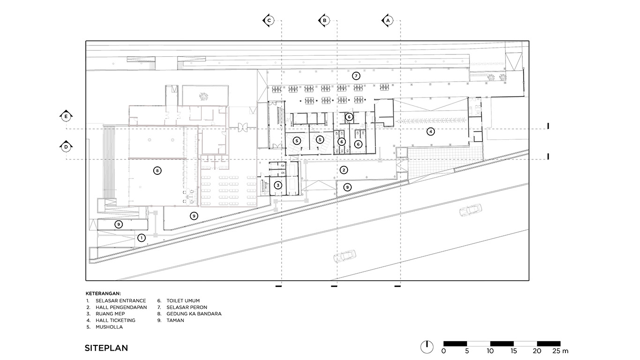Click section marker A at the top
(x=387, y=21)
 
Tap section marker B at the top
(x=324, y=21)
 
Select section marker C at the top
(x=268, y=21)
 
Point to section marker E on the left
(x=66, y=116)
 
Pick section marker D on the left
(x=66, y=147)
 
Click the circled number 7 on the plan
(x=356, y=76)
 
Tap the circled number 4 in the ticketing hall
(x=431, y=132)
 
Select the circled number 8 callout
(x=157, y=171)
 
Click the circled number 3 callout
(x=278, y=185)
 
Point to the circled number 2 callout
(x=344, y=170)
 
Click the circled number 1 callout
(x=141, y=238)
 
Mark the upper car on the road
(x=470, y=210)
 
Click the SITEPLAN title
(x=106, y=348)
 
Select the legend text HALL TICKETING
(x=115, y=320)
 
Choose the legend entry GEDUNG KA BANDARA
(x=194, y=314)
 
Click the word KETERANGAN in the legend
(x=103, y=293)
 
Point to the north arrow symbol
(x=427, y=347)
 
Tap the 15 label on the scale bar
(x=513, y=351)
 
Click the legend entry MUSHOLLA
(x=109, y=327)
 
